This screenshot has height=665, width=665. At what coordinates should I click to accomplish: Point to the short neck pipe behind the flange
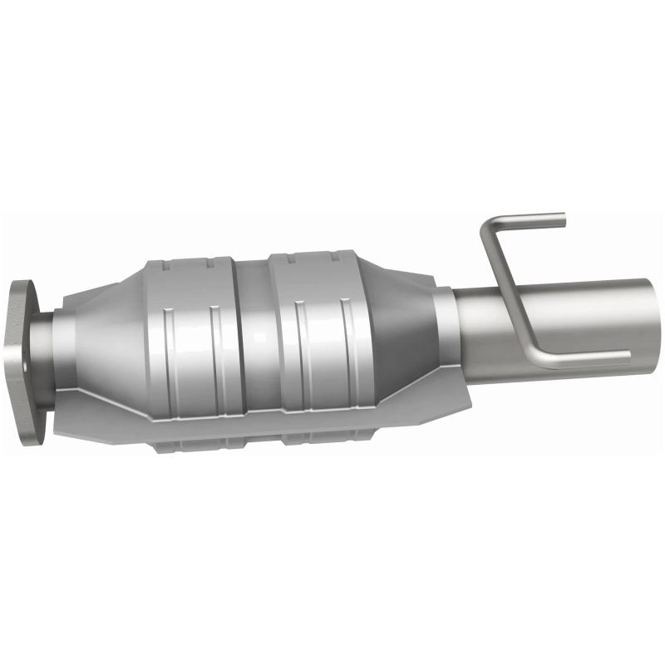[62, 357]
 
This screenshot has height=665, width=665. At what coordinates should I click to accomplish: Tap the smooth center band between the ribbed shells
[254, 332]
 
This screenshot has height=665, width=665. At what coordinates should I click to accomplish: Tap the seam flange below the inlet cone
[100, 420]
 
